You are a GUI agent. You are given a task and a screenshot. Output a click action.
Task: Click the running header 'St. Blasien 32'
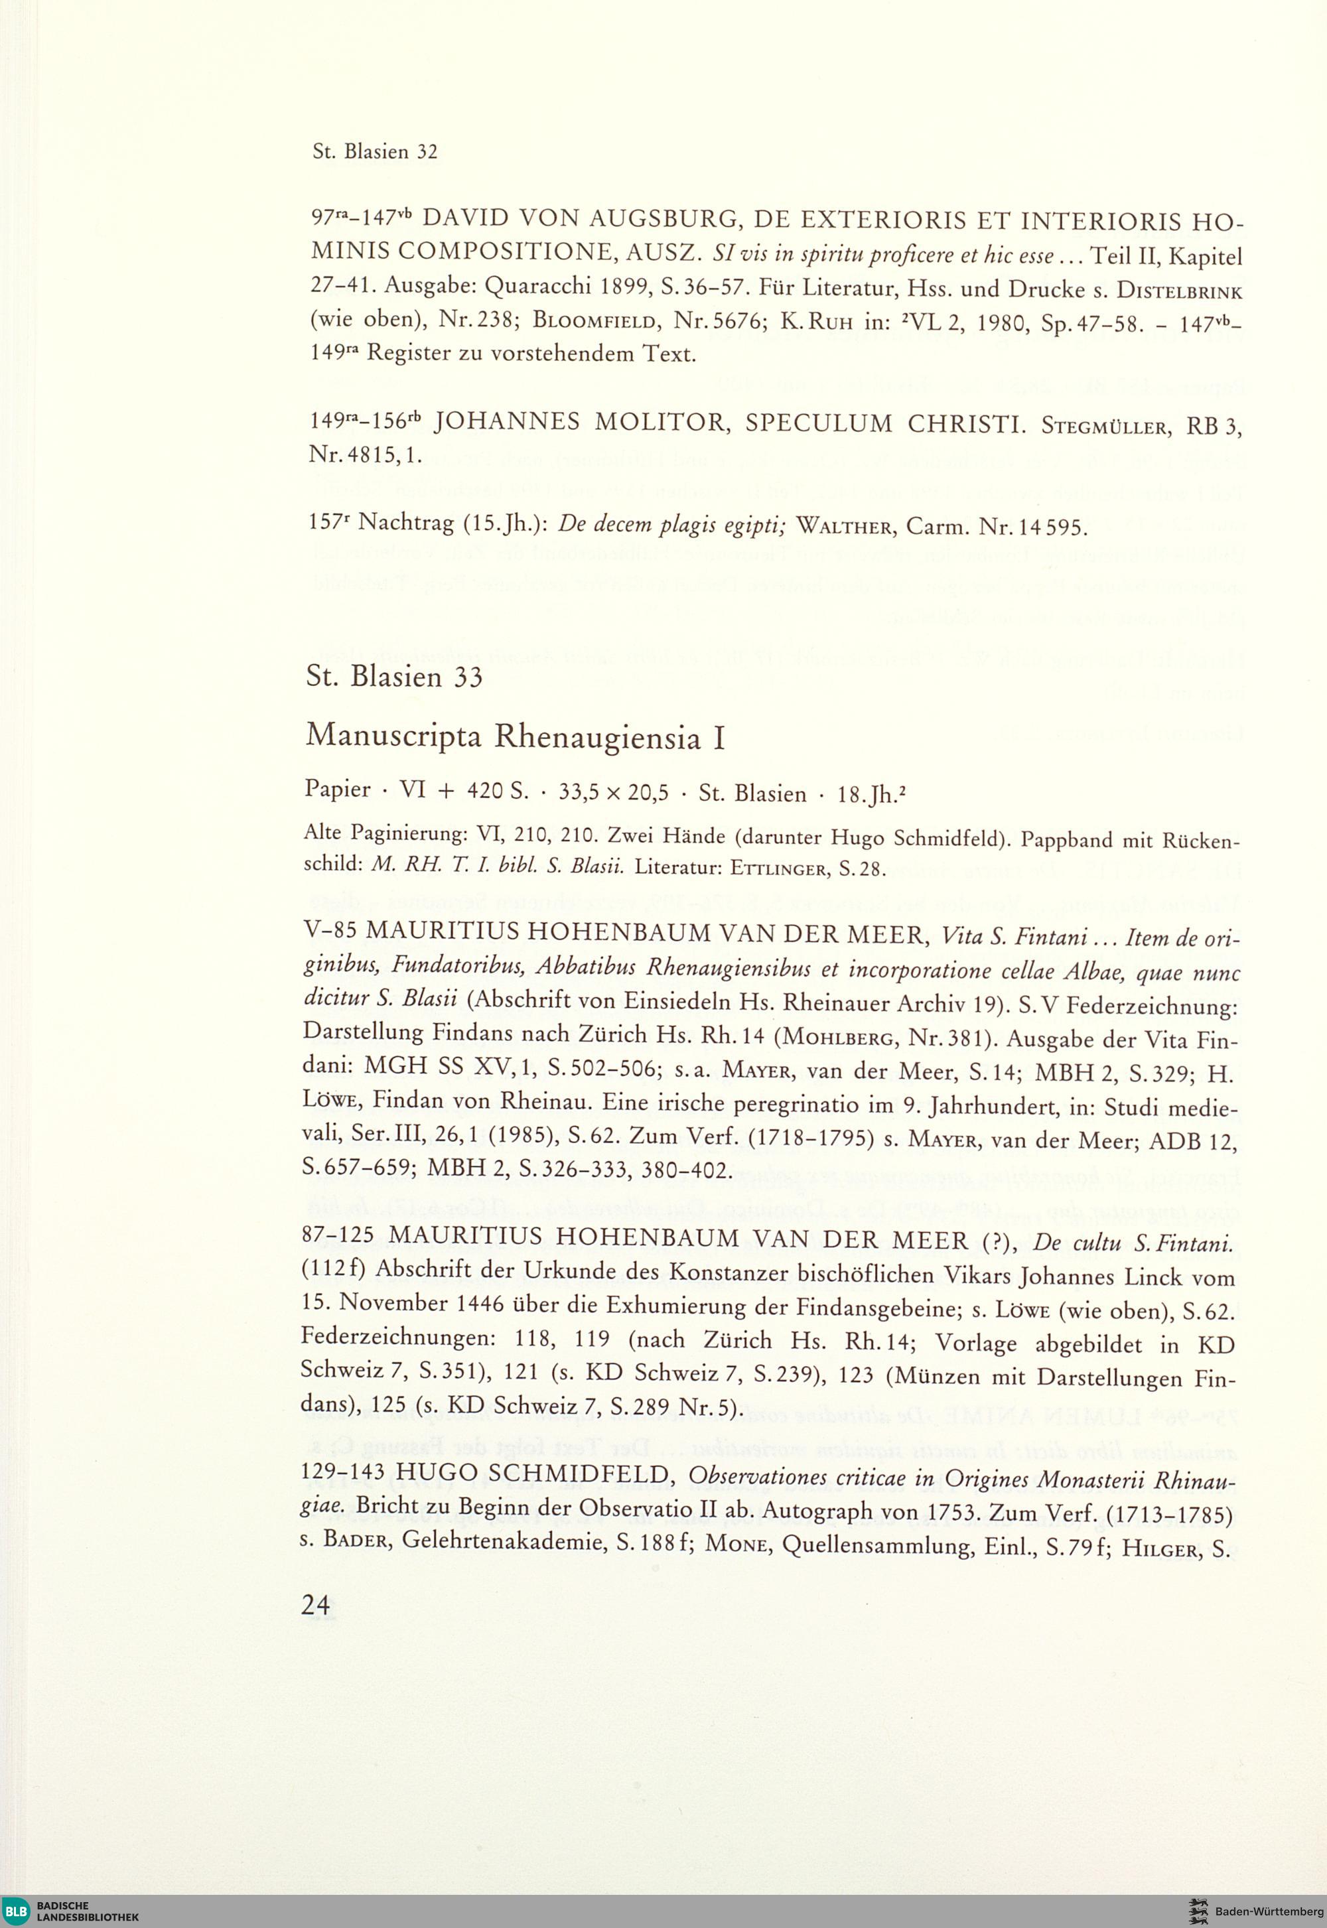click(x=374, y=152)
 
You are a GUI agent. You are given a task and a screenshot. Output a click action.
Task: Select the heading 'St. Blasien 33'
click(x=394, y=677)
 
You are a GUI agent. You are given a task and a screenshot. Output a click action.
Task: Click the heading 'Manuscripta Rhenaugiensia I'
click(x=516, y=736)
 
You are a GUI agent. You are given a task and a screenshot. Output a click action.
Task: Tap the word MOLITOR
click(x=660, y=423)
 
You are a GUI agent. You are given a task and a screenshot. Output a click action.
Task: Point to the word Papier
click(x=338, y=790)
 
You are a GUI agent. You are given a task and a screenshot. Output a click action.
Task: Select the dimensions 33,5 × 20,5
click(x=614, y=793)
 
